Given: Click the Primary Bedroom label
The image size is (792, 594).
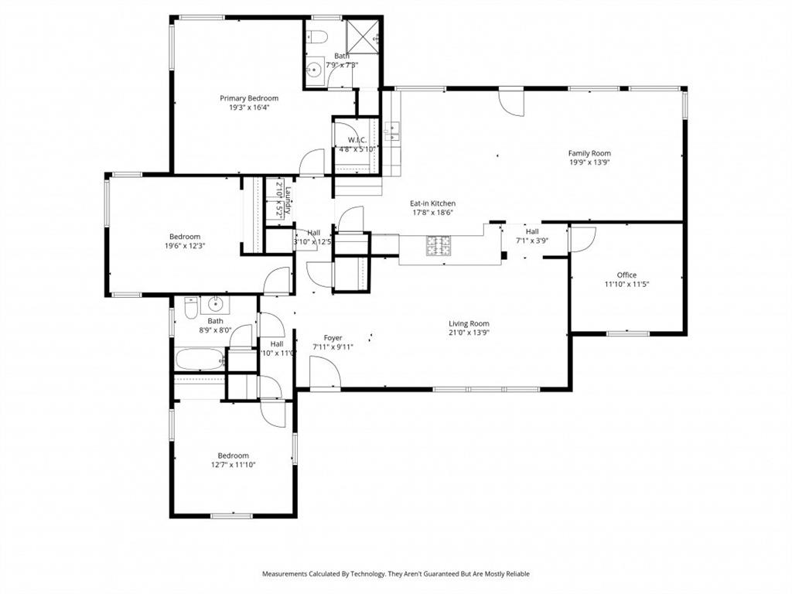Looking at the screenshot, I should pyautogui.click(x=249, y=98).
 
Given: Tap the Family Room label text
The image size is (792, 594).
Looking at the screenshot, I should pyautogui.click(x=589, y=153).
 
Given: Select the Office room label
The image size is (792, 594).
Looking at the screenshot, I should pyautogui.click(x=626, y=275).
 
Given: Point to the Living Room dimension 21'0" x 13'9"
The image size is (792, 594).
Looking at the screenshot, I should pyautogui.click(x=469, y=333).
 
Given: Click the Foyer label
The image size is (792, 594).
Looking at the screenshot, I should pyautogui.click(x=333, y=338).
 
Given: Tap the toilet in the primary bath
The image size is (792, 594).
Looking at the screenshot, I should pyautogui.click(x=317, y=36).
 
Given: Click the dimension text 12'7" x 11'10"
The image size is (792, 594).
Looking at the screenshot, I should pyautogui.click(x=233, y=465).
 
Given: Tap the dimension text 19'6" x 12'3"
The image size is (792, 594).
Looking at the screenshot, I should pyautogui.click(x=184, y=246).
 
